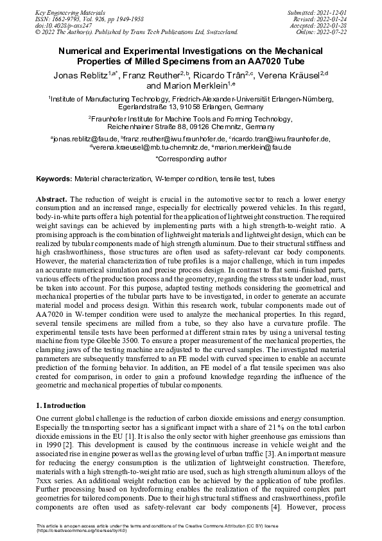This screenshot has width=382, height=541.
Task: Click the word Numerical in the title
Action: pyautogui.click(x=86, y=48)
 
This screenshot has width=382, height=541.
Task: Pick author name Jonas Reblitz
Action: pyautogui.click(x=80, y=75)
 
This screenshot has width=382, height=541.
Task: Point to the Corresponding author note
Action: pyautogui.click(x=191, y=157)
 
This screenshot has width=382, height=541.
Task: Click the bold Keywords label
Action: pyautogui.click(x=53, y=177)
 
